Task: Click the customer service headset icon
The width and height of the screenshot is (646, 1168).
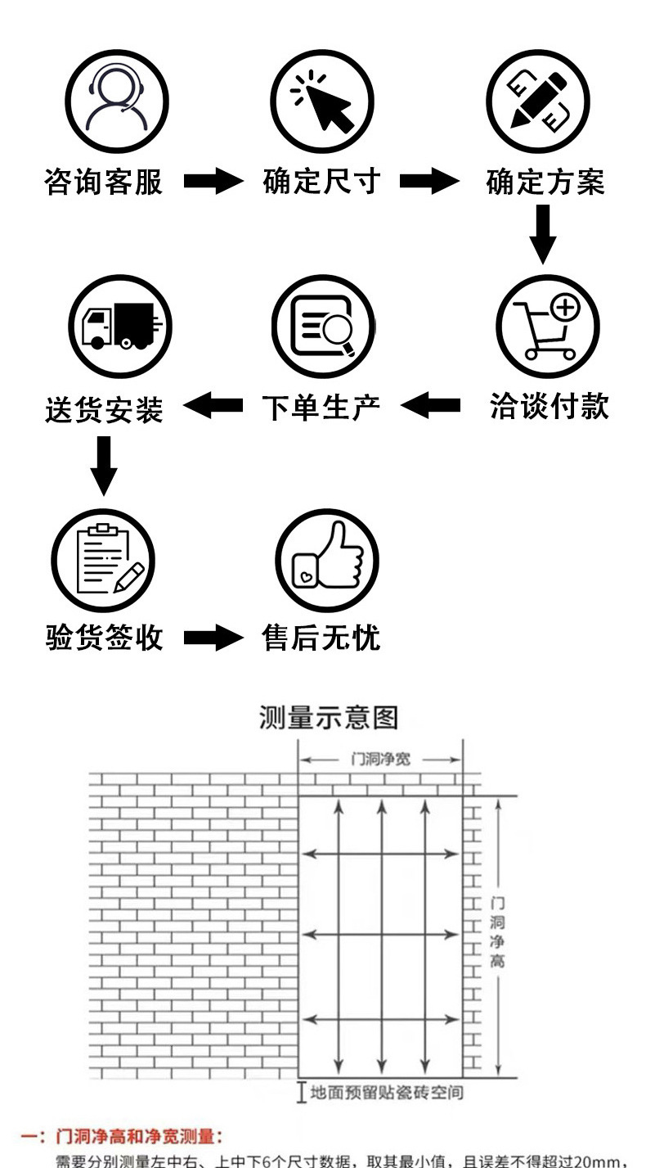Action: pos(118,101)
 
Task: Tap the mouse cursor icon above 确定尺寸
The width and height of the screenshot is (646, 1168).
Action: pos(322,101)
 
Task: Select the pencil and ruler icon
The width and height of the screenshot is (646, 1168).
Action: pos(538,101)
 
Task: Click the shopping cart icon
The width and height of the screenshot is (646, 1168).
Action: pos(548,327)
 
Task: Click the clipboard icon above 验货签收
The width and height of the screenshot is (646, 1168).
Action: pos(104,560)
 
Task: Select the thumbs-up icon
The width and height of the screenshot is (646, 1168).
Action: pos(326,560)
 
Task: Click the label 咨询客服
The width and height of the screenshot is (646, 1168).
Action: pos(104,182)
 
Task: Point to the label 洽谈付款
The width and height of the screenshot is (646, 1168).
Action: pos(550,406)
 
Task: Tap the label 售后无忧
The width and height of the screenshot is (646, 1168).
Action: pos(321,638)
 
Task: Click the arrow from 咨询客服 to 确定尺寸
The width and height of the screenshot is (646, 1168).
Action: pos(213,182)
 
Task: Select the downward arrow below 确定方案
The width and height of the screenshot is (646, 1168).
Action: pos(542,234)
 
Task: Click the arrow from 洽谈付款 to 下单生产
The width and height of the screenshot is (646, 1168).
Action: pos(431,405)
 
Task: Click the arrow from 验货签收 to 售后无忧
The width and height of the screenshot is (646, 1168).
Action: pos(213,638)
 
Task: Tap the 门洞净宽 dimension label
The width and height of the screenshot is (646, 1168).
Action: pos(380,760)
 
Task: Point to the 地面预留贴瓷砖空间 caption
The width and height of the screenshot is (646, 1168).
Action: pos(386,1092)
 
